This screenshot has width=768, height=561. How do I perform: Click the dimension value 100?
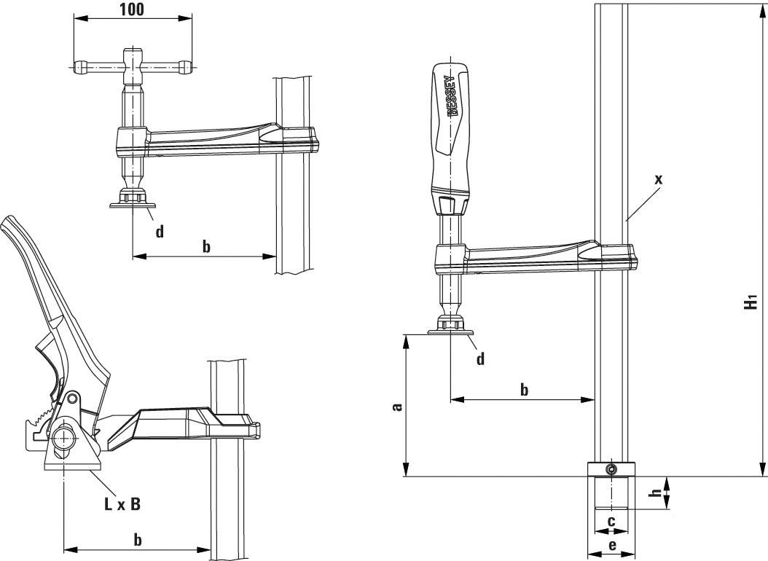(132, 9)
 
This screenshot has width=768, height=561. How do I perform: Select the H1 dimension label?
(751, 301)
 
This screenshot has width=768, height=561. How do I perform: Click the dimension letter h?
(656, 494)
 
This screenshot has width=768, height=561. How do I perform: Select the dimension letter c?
(612, 521)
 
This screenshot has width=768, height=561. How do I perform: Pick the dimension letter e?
(612, 545)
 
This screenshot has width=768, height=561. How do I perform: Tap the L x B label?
(122, 504)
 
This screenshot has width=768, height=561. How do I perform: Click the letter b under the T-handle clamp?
(206, 247)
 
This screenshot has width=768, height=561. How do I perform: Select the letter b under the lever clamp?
(138, 539)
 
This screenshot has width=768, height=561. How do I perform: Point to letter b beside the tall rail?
(524, 390)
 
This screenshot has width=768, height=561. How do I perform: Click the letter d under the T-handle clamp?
(160, 232)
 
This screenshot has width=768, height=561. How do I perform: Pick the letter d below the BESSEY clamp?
(479, 358)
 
